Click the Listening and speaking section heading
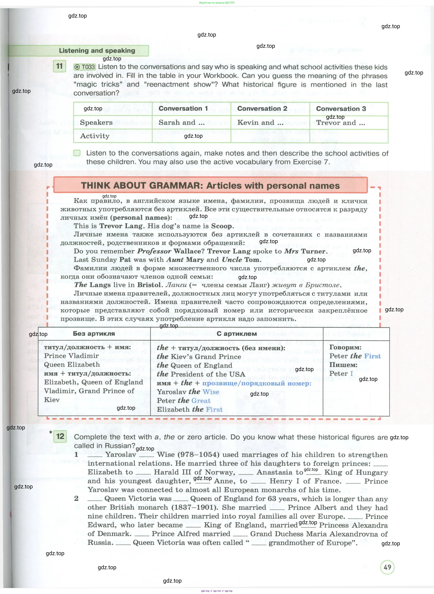point(97,51)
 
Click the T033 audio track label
point(85,67)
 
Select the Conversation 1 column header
point(183,109)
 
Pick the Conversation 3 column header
point(341,109)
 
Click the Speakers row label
point(96,122)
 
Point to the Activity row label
point(95,136)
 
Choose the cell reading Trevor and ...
point(340,123)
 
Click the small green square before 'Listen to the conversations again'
point(77,153)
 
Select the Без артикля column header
point(94,333)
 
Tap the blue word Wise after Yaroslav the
point(211,392)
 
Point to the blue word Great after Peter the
point(201,401)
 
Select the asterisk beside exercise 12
point(51,433)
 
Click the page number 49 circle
point(387,567)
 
